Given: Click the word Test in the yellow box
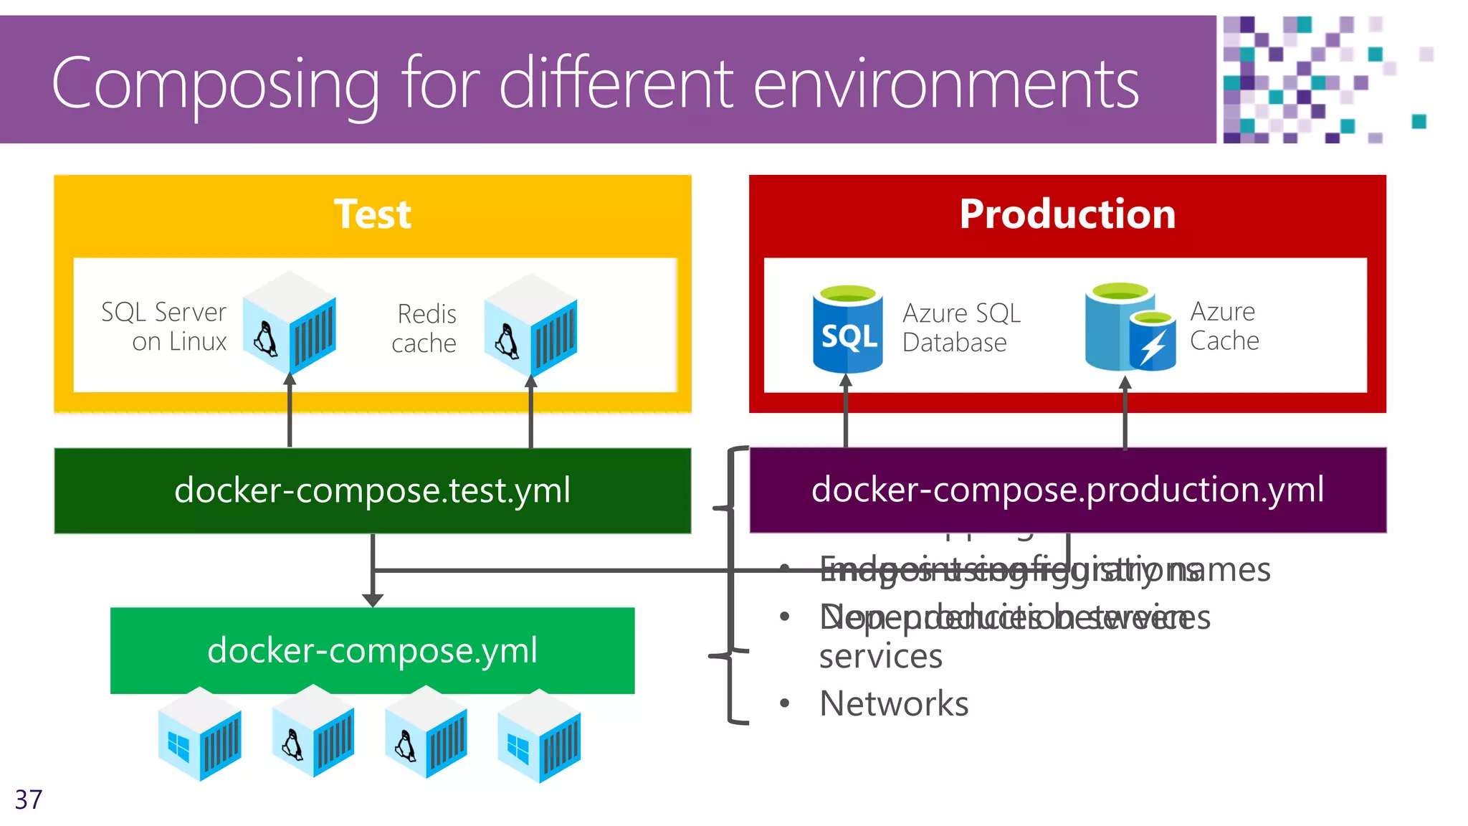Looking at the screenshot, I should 372,214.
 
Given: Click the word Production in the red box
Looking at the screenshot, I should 1067,214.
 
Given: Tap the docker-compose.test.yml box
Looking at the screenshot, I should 372,490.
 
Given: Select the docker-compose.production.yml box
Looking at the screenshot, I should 1067,490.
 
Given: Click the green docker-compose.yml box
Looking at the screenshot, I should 372,650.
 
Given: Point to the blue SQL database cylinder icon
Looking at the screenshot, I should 847,329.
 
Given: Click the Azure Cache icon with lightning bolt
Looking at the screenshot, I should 1130,328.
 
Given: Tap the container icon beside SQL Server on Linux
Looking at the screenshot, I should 290,323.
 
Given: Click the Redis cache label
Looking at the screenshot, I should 424,328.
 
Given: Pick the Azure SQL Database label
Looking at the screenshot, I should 961,328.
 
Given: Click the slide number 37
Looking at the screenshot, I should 29,799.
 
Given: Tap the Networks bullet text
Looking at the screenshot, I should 893,703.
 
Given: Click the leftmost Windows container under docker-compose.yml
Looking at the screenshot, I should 199,735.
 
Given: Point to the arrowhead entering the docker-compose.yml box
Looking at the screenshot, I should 372,599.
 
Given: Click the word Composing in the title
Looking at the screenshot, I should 215,85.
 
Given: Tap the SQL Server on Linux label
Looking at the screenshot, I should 164,327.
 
